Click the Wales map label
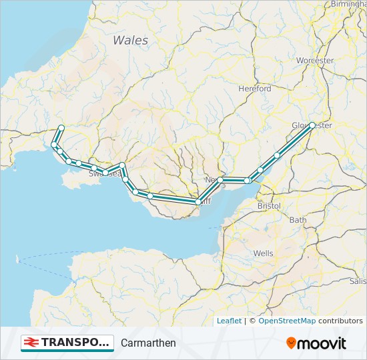[130, 41]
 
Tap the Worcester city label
[315, 61]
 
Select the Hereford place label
[255, 89]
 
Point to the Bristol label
[269, 207]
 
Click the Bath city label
[298, 220]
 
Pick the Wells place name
[263, 254]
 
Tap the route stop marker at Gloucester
[312, 125]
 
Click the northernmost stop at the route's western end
[61, 128]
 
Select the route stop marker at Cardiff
[198, 201]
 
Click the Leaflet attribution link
[229, 321]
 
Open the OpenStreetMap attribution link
[287, 321]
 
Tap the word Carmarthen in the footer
[148, 343]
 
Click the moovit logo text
[322, 343]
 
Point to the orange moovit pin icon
[291, 343]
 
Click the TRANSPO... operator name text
[75, 343]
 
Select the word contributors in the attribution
[340, 321]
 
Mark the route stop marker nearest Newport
[220, 180]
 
